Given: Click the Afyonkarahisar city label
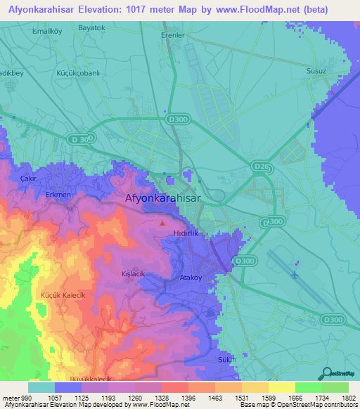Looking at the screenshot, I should (x=162, y=198).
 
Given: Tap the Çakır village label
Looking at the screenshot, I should (x=28, y=179).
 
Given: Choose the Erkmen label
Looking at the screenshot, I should (x=58, y=194).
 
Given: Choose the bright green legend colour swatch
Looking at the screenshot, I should (x=309, y=387).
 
